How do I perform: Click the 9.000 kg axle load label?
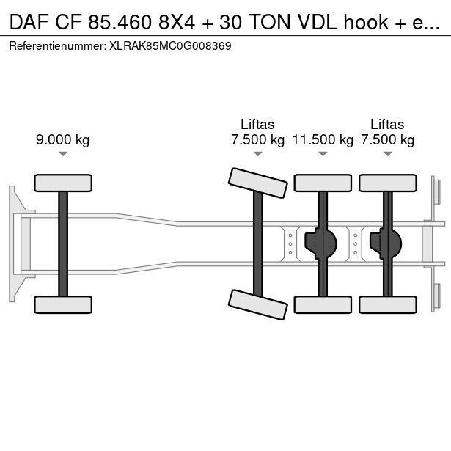pyautogui.click(x=63, y=140)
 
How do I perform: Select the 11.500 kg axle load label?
pyautogui.click(x=323, y=140)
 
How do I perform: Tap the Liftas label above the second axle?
pyautogui.click(x=257, y=125)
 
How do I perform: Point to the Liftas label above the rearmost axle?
pyautogui.click(x=387, y=125)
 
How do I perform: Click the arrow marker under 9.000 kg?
pyautogui.click(x=63, y=154)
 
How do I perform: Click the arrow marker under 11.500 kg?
pyautogui.click(x=323, y=154)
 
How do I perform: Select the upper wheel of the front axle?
pyautogui.click(x=63, y=183)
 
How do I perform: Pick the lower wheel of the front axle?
pyautogui.click(x=63, y=304)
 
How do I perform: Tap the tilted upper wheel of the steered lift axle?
pyautogui.click(x=257, y=183)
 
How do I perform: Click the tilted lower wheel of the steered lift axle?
pyautogui.click(x=257, y=304)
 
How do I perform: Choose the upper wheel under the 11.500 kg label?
pyautogui.click(x=323, y=183)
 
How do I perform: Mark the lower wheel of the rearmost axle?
pyautogui.click(x=388, y=304)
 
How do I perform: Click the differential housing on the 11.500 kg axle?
pyautogui.click(x=320, y=243)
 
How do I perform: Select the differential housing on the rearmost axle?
pyautogui.click(x=386, y=243)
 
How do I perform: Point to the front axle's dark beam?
pyautogui.click(x=63, y=243)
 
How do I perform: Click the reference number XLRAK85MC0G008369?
pyautogui.click(x=170, y=46)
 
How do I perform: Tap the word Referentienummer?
pyautogui.click(x=56, y=46)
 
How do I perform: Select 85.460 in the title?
pyautogui.click(x=120, y=22)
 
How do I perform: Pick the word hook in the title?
pyautogui.click(x=366, y=22)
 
